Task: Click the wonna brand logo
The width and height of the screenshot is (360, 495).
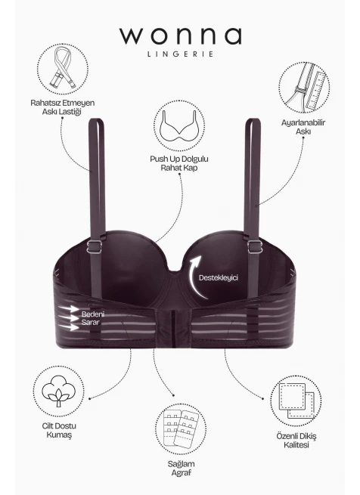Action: tap(180, 36)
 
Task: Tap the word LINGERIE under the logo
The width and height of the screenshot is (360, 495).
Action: tap(180, 54)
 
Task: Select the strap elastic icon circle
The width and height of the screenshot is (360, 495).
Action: tap(63, 69)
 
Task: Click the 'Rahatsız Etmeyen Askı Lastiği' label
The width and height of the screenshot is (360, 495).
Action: tap(62, 107)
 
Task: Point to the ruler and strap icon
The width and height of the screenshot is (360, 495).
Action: tap(304, 88)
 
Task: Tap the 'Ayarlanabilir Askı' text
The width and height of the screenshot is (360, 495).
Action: tap(303, 127)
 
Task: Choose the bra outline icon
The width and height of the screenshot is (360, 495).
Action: tap(179, 126)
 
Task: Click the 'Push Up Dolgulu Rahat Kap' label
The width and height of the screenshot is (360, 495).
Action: tap(179, 163)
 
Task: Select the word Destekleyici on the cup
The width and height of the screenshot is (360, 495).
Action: tap(219, 278)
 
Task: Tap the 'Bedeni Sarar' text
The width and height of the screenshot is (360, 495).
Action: tap(91, 318)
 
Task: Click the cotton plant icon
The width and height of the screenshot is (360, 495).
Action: tap(58, 391)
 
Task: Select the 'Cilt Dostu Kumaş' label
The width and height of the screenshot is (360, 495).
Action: tap(59, 430)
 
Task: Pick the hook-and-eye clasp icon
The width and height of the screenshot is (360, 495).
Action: tap(181, 428)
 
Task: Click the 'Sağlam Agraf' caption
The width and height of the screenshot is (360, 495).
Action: tap(181, 468)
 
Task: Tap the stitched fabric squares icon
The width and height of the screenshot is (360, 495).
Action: tap(296, 401)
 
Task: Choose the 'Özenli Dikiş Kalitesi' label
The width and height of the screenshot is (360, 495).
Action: tap(296, 441)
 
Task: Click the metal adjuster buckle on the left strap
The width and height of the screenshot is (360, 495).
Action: tap(95, 246)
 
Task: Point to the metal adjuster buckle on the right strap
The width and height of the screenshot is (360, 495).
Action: tap(255, 246)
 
